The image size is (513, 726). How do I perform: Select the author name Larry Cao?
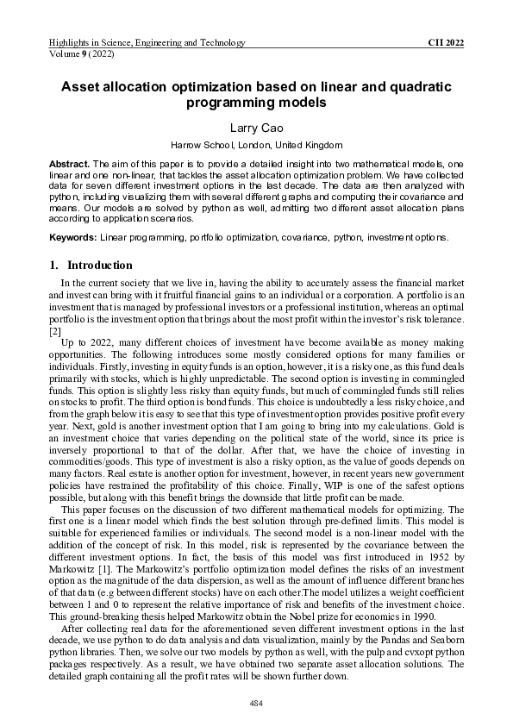tap(256, 127)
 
